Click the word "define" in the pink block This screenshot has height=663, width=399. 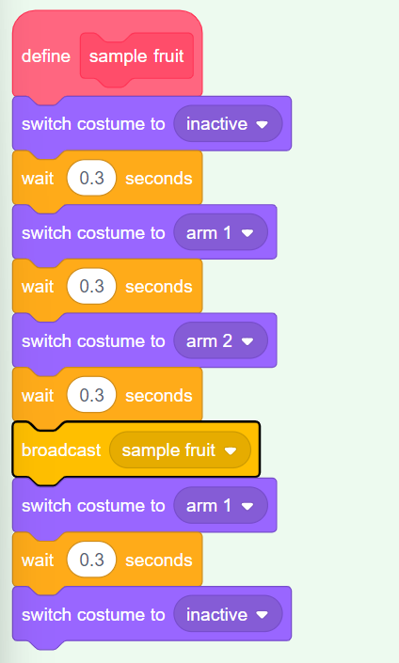point(46,56)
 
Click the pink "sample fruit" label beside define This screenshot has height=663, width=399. point(136,56)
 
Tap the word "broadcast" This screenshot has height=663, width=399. point(61,450)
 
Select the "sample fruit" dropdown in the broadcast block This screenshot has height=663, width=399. point(180,450)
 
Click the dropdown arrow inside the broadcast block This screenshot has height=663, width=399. point(231,451)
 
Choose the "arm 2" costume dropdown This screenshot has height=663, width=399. point(220,340)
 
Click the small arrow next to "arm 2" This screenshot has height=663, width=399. point(247,341)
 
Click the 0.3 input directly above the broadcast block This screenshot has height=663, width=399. point(91,395)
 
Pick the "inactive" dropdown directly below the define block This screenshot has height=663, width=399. point(228,124)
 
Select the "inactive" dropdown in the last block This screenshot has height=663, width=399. point(228,614)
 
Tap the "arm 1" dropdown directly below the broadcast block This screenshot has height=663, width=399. point(220,505)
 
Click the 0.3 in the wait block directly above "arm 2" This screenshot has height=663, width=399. point(91,286)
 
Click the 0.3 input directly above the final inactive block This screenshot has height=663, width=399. point(91,560)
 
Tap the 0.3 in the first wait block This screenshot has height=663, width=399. point(91,178)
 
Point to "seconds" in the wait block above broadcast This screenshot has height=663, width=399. point(159,396)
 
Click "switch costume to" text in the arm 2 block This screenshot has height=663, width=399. point(93,340)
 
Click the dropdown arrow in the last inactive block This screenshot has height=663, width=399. point(263,615)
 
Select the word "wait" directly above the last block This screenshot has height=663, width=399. point(38,560)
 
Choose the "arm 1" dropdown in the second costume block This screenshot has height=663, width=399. point(220,232)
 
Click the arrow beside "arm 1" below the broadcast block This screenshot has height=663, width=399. point(247,506)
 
